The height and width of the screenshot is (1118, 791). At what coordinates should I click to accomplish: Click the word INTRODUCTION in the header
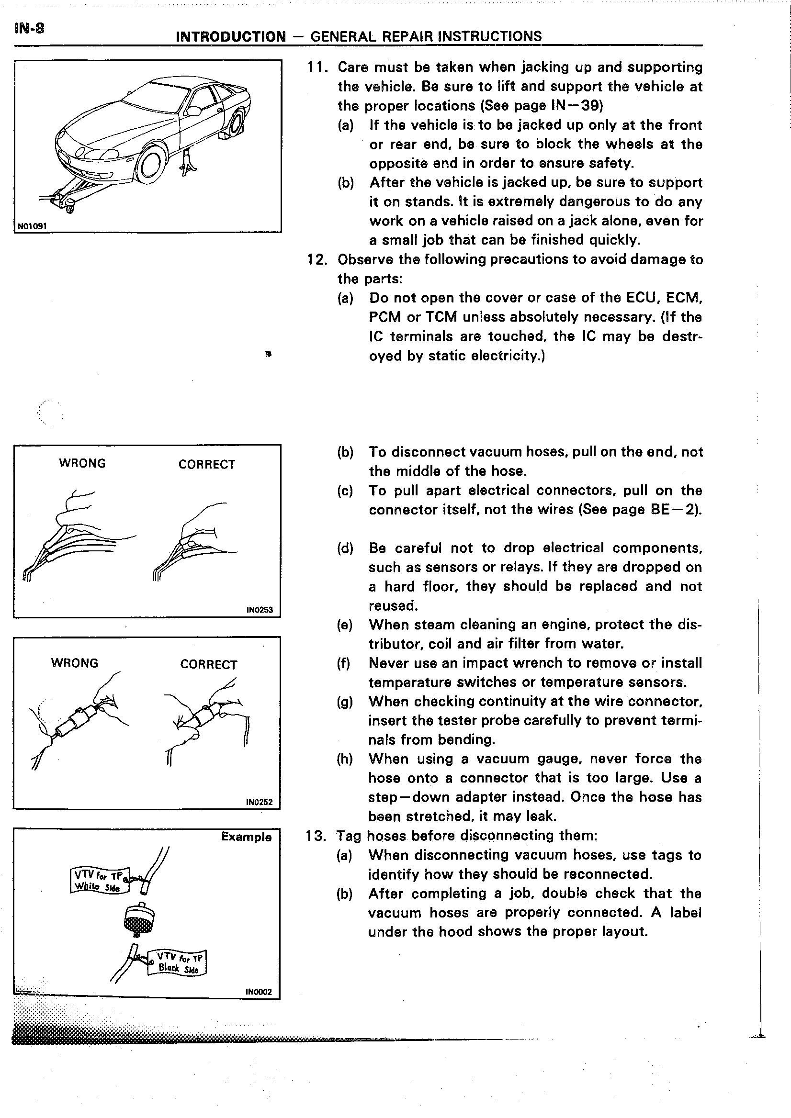[230, 36]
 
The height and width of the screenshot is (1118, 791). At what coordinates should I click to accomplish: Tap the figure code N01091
[32, 226]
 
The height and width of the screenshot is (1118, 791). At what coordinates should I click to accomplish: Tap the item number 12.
[316, 259]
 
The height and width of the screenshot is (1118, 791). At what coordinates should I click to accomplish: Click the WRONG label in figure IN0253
[82, 463]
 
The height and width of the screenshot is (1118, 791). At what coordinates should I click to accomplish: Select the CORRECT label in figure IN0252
[208, 665]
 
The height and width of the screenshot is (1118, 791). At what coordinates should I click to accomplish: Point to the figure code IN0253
[260, 610]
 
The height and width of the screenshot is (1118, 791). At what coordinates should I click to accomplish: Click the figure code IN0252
[260, 802]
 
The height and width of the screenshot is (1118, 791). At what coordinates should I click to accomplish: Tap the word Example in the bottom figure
[246, 837]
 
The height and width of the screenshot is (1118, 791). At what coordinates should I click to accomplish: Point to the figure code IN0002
[259, 992]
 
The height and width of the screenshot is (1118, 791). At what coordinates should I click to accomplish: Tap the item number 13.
[316, 836]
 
